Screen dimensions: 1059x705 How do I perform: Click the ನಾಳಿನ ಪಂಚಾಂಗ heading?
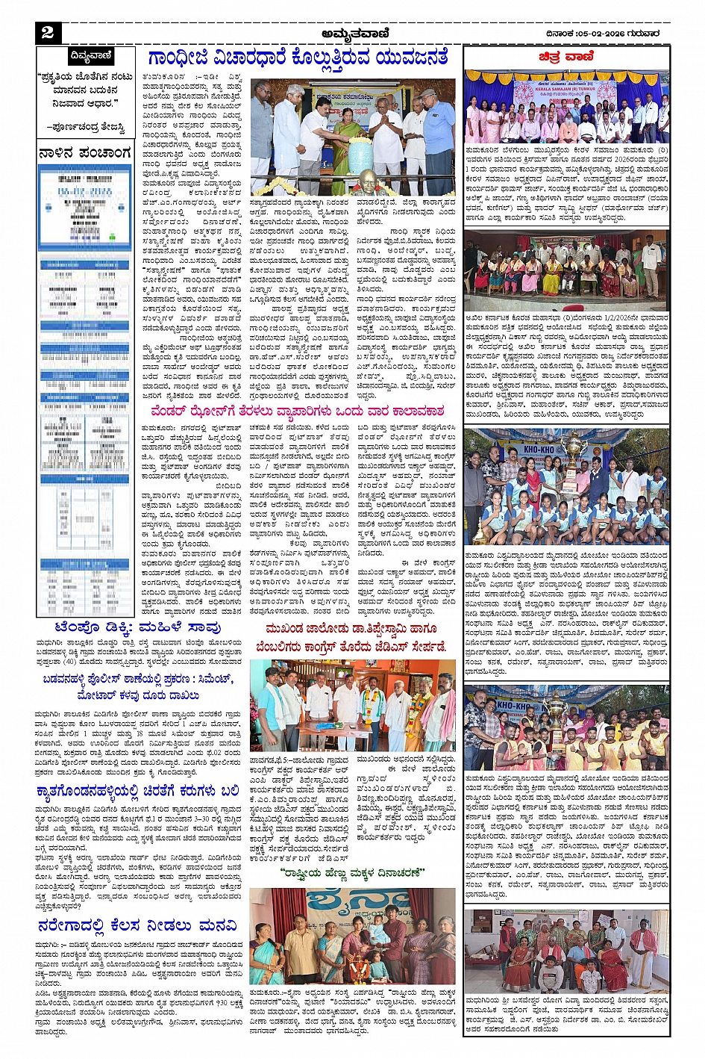click(85, 153)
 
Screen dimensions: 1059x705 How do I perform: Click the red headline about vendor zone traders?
click(297, 411)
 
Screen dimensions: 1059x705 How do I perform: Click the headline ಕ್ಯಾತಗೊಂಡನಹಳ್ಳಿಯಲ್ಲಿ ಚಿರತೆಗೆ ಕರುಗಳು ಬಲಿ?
click(138, 791)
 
